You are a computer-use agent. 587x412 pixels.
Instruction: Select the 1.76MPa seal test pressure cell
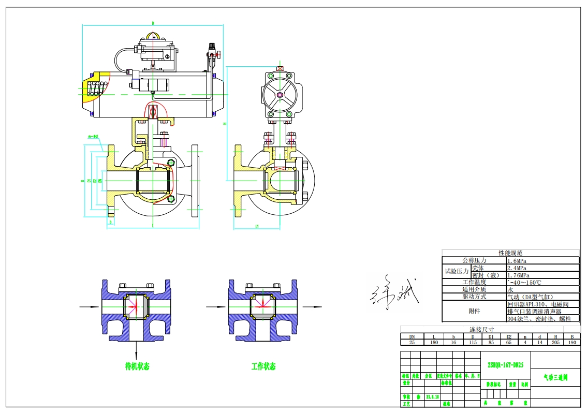[x=520, y=275]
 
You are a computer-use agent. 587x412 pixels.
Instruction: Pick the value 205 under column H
[x=555, y=343]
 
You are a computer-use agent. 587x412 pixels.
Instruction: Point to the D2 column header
[x=509, y=336]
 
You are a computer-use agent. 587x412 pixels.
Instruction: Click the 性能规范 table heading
[x=510, y=253]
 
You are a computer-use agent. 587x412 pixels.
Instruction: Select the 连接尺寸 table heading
[x=482, y=330]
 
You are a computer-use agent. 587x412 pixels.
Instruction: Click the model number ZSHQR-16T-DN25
[x=505, y=365]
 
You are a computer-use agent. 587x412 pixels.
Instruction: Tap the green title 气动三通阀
[x=555, y=378]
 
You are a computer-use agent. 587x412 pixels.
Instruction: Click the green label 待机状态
[x=137, y=366]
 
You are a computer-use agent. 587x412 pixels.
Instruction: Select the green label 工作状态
[x=263, y=366]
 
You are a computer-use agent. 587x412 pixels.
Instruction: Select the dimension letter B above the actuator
[x=153, y=23]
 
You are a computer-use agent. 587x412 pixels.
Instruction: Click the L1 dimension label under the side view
[x=257, y=226]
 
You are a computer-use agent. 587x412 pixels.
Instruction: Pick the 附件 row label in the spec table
[x=474, y=312]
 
